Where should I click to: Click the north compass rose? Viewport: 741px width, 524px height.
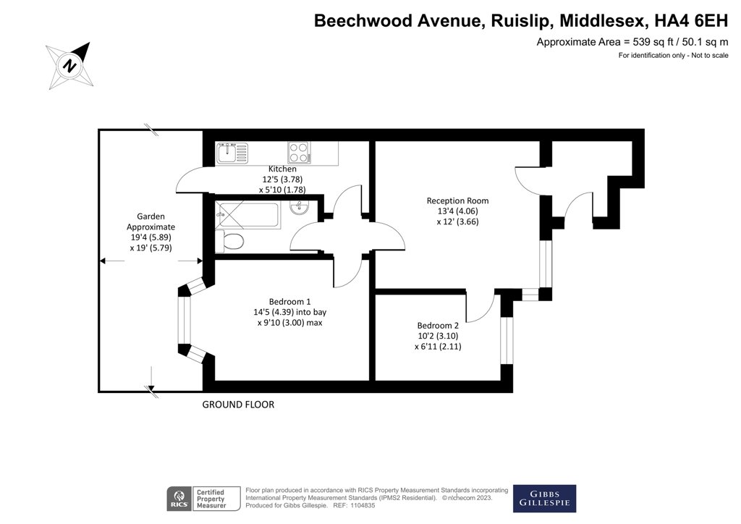pos(69,66)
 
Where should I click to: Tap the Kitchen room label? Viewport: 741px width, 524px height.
pos(261,169)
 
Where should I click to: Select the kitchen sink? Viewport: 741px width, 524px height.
pos(232,152)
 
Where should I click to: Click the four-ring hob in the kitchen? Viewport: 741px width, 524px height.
pos(299,152)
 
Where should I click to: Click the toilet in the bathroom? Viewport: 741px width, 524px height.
pos(231,242)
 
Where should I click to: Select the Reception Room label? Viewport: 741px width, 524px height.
pos(457,200)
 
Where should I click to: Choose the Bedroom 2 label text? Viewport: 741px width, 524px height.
pos(437,325)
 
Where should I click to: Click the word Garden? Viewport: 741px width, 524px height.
pos(151,216)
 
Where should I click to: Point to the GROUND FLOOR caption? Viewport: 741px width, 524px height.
pos(238,405)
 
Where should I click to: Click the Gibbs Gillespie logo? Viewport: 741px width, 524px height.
pos(544,498)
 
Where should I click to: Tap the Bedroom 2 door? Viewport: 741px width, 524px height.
pos(480,304)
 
